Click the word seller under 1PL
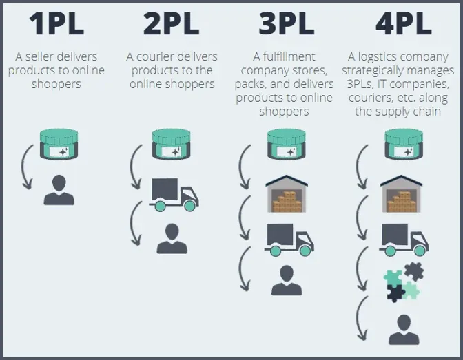[x=57, y=56]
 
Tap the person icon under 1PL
[x=59, y=189]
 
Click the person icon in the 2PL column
[x=171, y=238]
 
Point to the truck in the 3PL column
[x=289, y=238]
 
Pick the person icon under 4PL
[x=403, y=329]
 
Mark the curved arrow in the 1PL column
[x=25, y=168]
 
